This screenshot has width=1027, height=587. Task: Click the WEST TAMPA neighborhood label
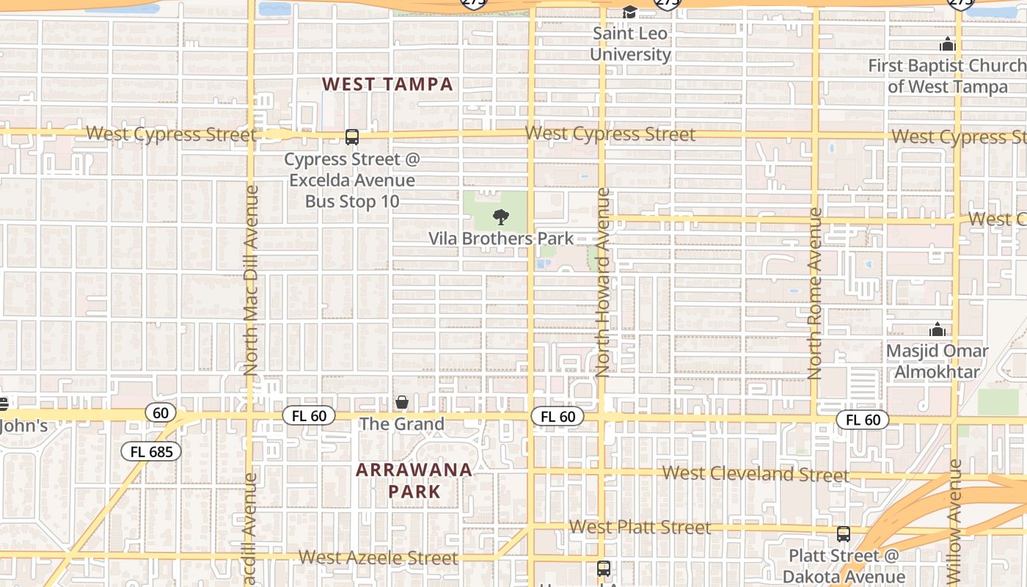pyautogui.click(x=388, y=84)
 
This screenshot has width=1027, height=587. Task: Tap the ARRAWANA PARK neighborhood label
pyautogui.click(x=414, y=481)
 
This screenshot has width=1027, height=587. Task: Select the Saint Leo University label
pyautogui.click(x=630, y=44)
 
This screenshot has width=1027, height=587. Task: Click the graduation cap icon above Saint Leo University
pyautogui.click(x=630, y=12)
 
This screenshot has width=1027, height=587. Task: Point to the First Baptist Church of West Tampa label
pyautogui.click(x=947, y=76)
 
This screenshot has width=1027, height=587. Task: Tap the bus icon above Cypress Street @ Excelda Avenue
pyautogui.click(x=352, y=137)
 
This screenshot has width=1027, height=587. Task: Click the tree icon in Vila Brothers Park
pyautogui.click(x=501, y=216)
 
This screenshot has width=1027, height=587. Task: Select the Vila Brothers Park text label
pyautogui.click(x=501, y=238)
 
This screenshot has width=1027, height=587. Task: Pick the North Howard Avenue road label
pyautogui.click(x=603, y=282)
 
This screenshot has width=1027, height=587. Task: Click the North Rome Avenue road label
pyautogui.click(x=815, y=293)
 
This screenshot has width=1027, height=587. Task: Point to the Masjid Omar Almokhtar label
pyautogui.click(x=937, y=361)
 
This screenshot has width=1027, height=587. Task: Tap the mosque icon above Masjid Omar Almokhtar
pyautogui.click(x=937, y=329)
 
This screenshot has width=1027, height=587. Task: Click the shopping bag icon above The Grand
pyautogui.click(x=402, y=402)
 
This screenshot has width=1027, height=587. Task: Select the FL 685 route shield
pyautogui.click(x=152, y=451)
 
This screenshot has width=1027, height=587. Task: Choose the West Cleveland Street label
pyautogui.click(x=756, y=474)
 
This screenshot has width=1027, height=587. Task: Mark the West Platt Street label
pyautogui.click(x=640, y=527)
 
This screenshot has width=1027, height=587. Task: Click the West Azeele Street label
pyautogui.click(x=378, y=558)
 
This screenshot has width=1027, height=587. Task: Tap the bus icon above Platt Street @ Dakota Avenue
pyautogui.click(x=844, y=534)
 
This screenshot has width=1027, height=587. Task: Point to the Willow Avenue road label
pyautogui.click(x=955, y=521)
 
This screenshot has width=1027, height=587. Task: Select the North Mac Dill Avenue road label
pyautogui.click(x=251, y=280)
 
